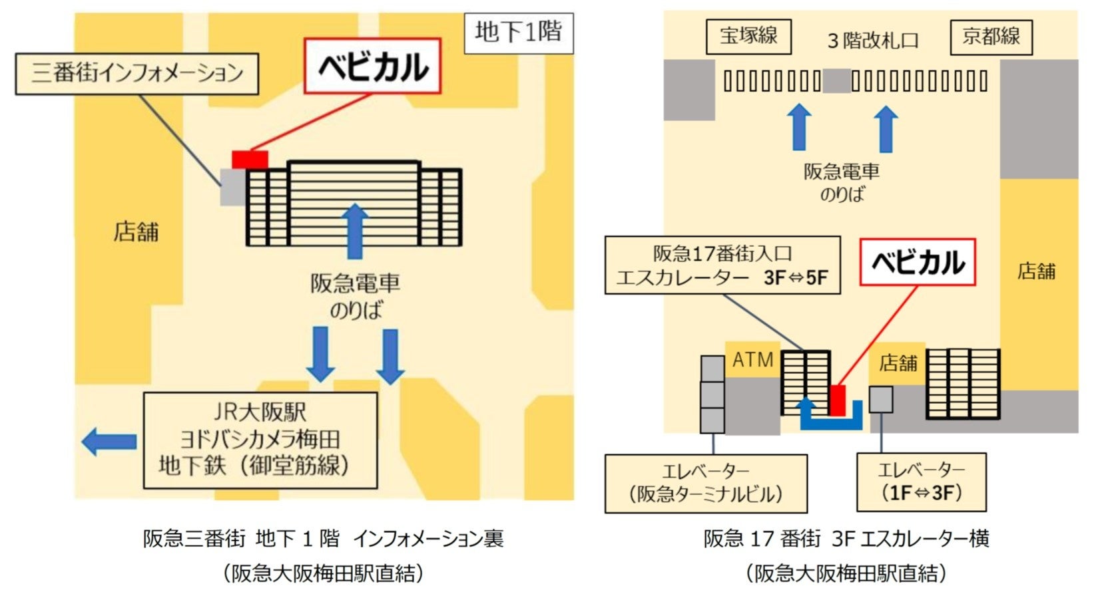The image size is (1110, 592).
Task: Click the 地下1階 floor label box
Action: pos(518,32)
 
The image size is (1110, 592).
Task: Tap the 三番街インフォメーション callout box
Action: pos(137,73)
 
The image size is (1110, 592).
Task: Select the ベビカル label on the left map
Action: pos(372,66)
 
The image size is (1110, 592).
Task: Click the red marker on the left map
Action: pos(250,160)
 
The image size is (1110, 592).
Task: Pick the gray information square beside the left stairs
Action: pos(232,187)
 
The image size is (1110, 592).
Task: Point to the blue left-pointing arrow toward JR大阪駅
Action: pos(109,441)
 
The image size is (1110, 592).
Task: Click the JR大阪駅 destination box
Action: pos(260,440)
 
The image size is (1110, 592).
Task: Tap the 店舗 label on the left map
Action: pos(137,231)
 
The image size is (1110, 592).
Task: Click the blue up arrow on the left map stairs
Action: pos(355,230)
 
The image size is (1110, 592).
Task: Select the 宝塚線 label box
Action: pos(748,37)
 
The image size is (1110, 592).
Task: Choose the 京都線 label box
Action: pos(991,37)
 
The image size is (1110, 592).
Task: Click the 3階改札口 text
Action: pos(872,41)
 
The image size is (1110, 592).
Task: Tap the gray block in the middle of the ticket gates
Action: pos(836,81)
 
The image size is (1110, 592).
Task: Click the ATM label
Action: pos(752,360)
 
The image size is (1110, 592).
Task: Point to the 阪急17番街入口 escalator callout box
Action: pos(722,265)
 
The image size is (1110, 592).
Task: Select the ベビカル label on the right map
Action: pos(918,263)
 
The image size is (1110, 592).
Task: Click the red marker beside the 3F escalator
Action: pos(837,400)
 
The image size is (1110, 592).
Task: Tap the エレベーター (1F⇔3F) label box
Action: pos(921,482)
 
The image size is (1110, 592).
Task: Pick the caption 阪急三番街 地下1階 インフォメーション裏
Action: pos(323,538)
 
